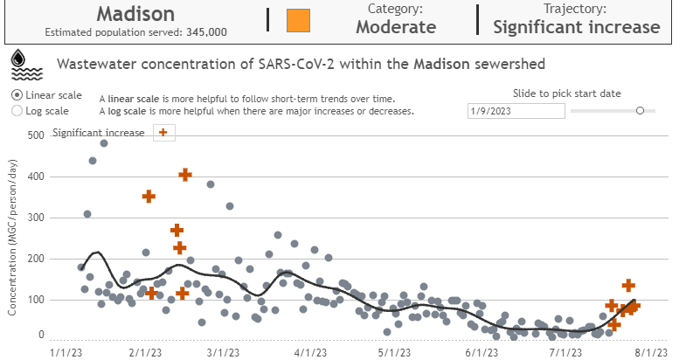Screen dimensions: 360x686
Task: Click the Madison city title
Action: (x=135, y=14)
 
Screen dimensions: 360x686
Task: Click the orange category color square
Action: (x=299, y=19)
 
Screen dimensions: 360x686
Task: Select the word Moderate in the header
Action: (x=395, y=26)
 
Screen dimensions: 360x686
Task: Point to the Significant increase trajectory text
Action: (x=576, y=26)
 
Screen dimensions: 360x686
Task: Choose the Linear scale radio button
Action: (x=17, y=94)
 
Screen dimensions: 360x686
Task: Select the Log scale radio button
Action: (x=17, y=111)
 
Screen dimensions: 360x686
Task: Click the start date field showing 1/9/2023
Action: (x=516, y=111)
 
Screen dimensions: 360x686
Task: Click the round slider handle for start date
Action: (x=641, y=110)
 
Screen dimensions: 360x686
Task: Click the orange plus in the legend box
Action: (x=164, y=132)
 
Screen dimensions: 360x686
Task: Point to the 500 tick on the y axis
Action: (x=35, y=135)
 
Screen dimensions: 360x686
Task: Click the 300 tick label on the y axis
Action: (x=35, y=218)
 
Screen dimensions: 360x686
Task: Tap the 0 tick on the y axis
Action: (x=40, y=335)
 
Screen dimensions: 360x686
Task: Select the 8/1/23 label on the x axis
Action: (x=652, y=352)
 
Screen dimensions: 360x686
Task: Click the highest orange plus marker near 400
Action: (x=184, y=176)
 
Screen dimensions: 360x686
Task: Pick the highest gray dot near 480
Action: (x=103, y=143)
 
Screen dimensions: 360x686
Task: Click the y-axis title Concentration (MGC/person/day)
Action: (x=13, y=237)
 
